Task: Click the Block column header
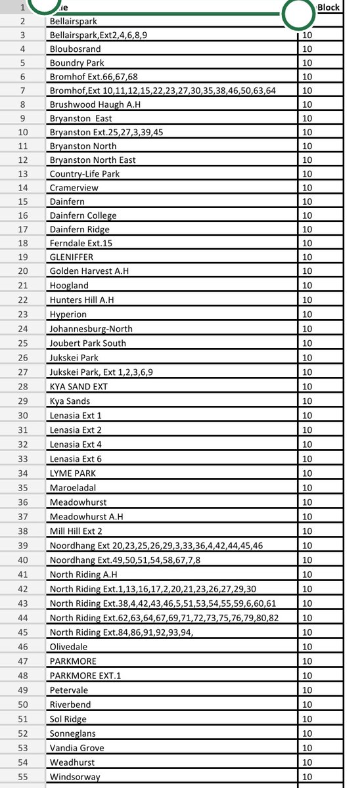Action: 328,8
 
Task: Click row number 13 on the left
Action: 23,174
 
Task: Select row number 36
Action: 23,502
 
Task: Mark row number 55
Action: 23,777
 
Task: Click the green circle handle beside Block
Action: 298,13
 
